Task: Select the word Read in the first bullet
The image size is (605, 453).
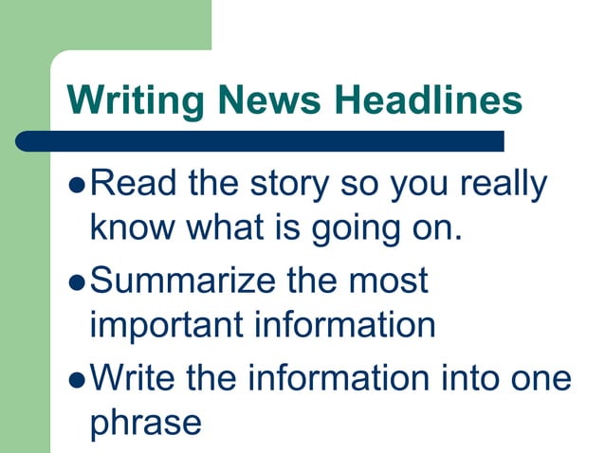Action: tap(132, 183)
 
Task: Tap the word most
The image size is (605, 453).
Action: tap(388, 281)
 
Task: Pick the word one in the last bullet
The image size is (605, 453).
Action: tap(546, 379)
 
